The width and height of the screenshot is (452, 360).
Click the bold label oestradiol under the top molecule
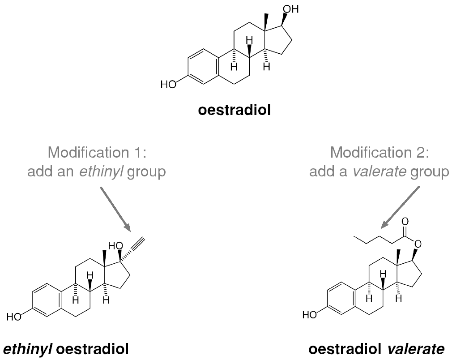(x=235, y=110)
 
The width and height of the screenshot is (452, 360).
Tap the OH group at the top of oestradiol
(x=290, y=9)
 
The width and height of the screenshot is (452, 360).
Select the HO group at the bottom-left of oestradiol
(x=168, y=85)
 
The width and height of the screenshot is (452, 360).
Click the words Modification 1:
(x=97, y=152)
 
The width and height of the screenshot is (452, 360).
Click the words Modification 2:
(x=380, y=152)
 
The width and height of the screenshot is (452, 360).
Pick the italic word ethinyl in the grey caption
(x=101, y=172)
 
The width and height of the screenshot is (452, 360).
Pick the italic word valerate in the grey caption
(x=380, y=172)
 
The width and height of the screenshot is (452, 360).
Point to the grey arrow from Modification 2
(x=400, y=207)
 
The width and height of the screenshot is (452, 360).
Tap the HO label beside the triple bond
(x=115, y=246)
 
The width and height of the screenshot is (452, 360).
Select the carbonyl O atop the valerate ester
(x=405, y=222)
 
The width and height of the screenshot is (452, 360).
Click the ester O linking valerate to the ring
(x=417, y=244)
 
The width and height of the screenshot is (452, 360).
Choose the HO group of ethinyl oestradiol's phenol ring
(x=14, y=317)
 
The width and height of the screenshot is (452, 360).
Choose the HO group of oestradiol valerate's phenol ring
(x=310, y=315)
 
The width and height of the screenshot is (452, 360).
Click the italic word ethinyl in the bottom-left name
(x=28, y=349)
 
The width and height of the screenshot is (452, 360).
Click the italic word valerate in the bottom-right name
(x=416, y=349)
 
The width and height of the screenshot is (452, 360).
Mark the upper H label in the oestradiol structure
(x=250, y=40)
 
